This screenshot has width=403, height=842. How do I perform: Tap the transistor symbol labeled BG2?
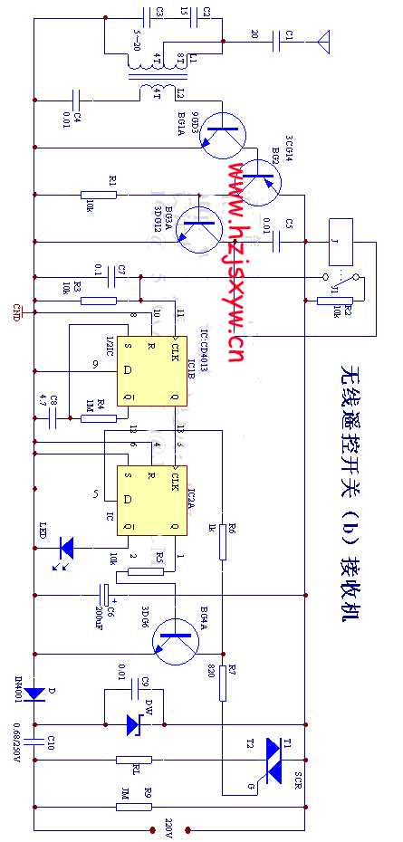(x=260, y=176)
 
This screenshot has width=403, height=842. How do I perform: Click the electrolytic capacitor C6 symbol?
(x=107, y=595)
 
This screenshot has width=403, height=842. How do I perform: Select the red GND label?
(x=15, y=310)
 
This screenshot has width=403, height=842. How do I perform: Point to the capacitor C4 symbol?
(x=77, y=96)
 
